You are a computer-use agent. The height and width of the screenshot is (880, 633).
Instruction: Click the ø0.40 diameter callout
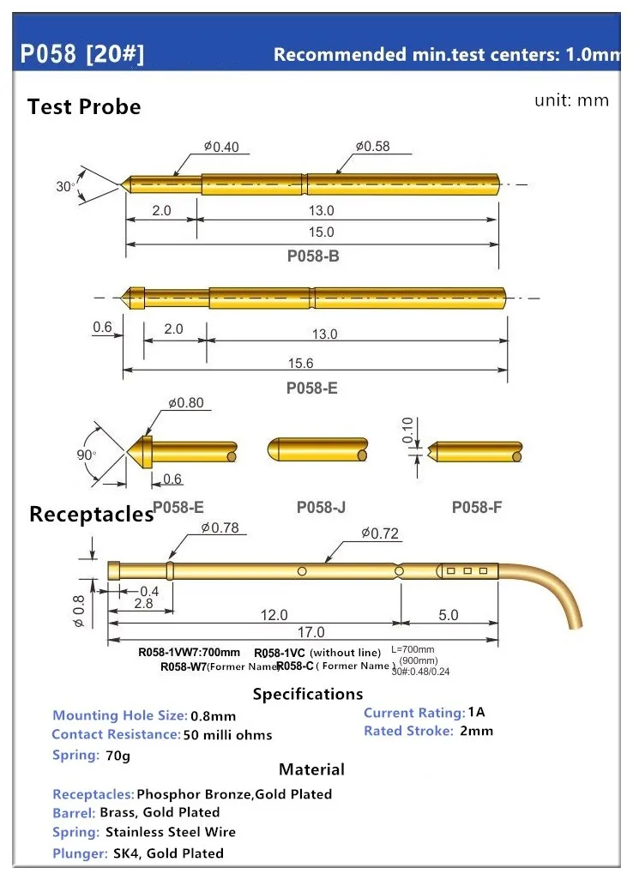point(221,147)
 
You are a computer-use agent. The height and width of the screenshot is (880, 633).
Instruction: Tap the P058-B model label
point(313,255)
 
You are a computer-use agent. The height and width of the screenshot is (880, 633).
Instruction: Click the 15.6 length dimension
point(314,363)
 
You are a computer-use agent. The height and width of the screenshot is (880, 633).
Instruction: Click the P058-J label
point(321,507)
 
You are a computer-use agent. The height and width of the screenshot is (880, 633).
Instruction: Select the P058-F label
point(477,507)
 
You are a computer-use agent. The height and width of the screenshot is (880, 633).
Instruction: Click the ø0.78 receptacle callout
point(220,528)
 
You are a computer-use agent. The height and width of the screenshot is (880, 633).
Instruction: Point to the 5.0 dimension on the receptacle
point(449,615)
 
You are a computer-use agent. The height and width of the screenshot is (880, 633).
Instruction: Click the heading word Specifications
point(308,694)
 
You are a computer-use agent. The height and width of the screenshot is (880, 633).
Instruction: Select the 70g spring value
point(115,756)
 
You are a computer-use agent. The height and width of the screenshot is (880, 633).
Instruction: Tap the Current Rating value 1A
point(477,713)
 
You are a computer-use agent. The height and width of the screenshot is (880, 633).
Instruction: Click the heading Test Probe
point(84,107)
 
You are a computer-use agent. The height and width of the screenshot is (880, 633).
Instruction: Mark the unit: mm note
point(571,100)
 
